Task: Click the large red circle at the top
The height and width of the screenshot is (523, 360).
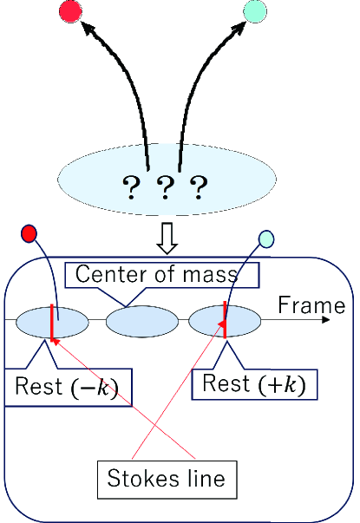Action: [69, 10]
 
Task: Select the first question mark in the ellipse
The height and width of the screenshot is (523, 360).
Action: [132, 185]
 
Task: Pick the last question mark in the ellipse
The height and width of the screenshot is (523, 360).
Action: [199, 185]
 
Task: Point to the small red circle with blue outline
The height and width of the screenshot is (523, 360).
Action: [29, 233]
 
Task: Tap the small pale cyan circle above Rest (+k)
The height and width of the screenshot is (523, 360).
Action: [266, 239]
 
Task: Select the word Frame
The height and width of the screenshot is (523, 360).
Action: [311, 305]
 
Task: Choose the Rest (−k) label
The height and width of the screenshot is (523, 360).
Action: [67, 387]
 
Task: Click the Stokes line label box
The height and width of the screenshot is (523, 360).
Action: [167, 477]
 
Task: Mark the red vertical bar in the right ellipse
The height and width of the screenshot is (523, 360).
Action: [225, 319]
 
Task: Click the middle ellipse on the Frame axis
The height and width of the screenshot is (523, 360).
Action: [141, 321]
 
